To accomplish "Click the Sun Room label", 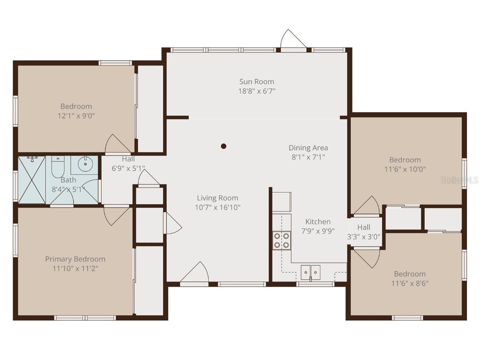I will pos(256,82).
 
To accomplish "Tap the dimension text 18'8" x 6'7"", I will pos(256,91).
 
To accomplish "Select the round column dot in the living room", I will pos(224,146).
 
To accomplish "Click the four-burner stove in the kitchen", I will pos(282,241).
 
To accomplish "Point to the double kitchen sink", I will pos(310,272).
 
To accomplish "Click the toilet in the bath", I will pos(57,168).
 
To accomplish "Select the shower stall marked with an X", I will pos(31,179).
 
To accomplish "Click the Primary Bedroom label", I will pos(75,259).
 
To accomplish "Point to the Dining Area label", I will pos(308,147).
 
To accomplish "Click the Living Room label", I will pos(217,198).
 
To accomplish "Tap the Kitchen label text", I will pos(318,222).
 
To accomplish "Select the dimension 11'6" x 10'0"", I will pos(405,169).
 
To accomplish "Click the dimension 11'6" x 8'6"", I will pos(410,283).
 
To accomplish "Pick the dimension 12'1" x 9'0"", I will pos(76,116).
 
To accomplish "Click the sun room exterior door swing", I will pos(293,40).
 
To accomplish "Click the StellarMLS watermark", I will pos(459,180).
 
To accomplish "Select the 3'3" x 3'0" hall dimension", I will pos(364,237).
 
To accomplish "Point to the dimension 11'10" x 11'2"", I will pos(75,268).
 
